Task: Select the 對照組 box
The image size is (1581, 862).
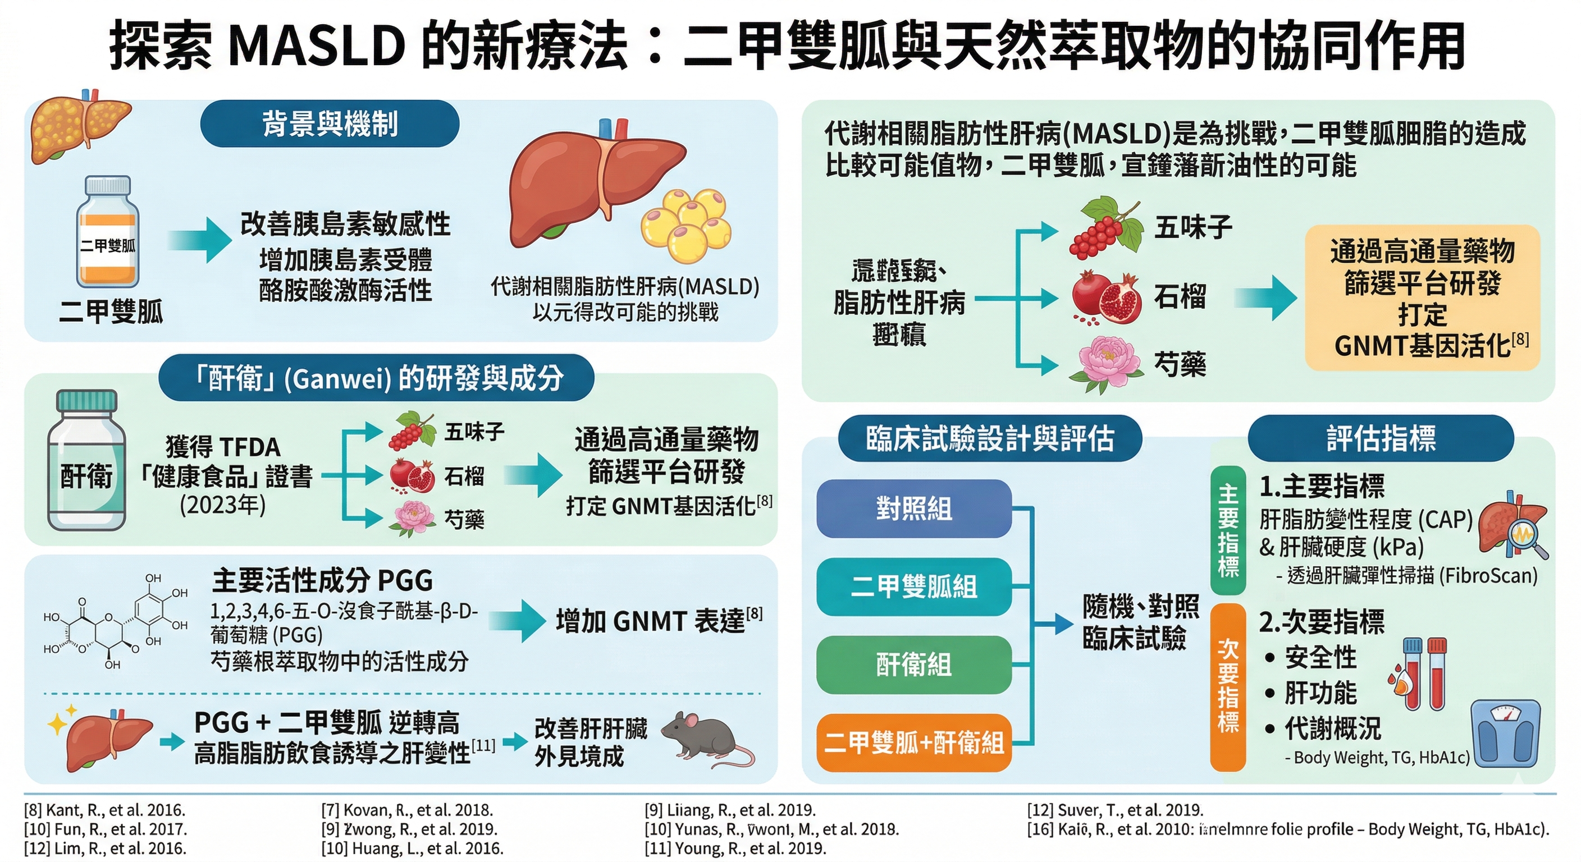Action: [913, 508]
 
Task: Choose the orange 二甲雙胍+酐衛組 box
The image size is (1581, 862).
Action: [913, 742]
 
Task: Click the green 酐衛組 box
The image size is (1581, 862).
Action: [913, 664]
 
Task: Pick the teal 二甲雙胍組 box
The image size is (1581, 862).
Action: [913, 586]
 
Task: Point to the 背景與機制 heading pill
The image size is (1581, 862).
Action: [330, 124]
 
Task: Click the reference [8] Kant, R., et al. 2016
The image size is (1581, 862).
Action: [104, 810]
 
